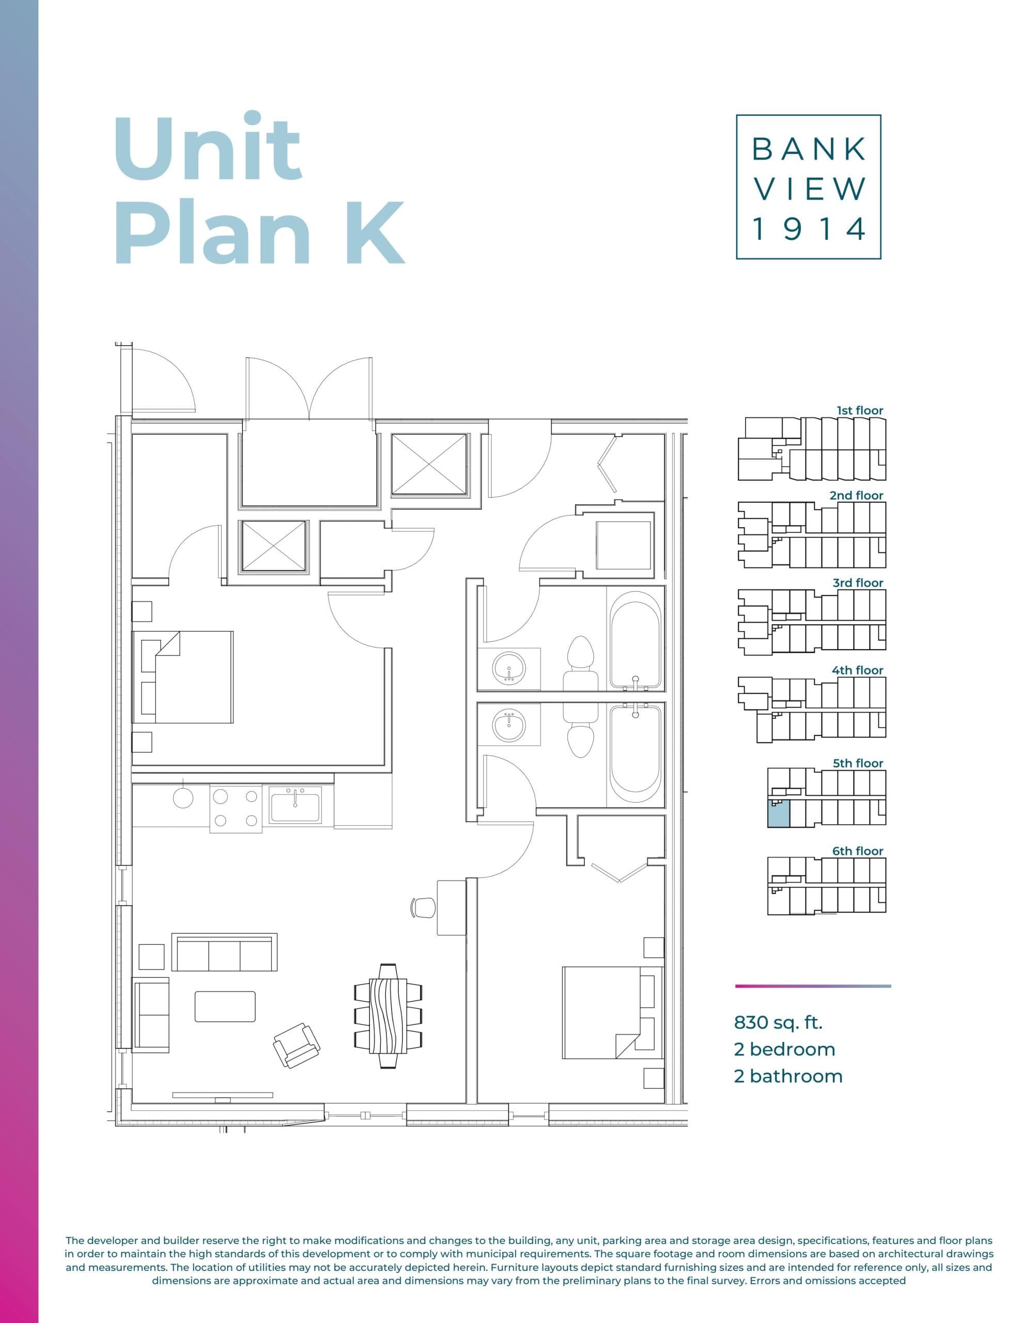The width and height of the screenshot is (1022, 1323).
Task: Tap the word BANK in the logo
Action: coord(808,150)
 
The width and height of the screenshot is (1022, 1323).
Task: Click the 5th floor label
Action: coord(858,763)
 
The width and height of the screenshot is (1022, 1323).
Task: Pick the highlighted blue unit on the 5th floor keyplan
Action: coord(779,813)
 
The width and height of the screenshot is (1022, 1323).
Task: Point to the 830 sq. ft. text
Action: coord(778,1023)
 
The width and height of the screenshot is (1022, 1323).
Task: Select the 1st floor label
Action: coord(860,411)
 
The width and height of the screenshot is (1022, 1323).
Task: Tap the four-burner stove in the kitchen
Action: coord(236,809)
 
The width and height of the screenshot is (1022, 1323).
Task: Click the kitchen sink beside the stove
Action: coord(295,805)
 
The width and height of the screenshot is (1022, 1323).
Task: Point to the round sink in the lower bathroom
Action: coord(509,726)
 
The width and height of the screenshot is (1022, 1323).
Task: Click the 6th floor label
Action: coord(858,851)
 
